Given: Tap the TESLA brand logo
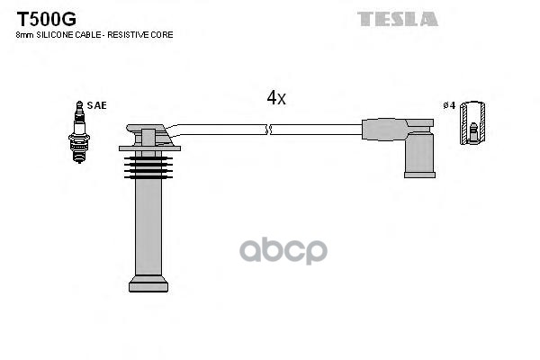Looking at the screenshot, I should pyautogui.click(x=397, y=19).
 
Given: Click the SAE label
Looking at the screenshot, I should pyautogui.click(x=96, y=105).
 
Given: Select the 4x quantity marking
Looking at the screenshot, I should pyautogui.click(x=275, y=98).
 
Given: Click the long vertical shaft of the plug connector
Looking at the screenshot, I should pyautogui.click(x=148, y=225).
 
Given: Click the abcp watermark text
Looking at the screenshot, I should pyautogui.click(x=283, y=250).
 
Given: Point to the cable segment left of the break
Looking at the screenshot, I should pyautogui.click(x=220, y=129).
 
